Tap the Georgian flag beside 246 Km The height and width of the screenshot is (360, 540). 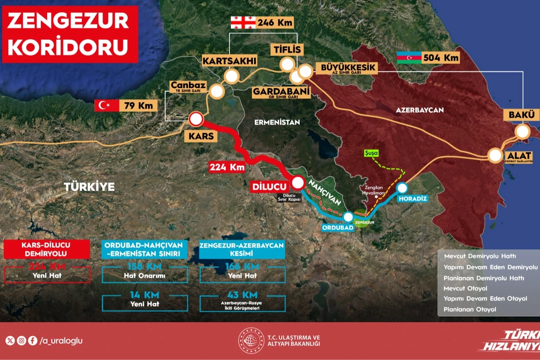pos(243,22)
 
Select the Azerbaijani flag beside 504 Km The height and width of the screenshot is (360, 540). pos(409,58)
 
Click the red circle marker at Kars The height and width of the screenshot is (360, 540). pos(196,119)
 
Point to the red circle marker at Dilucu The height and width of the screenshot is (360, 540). pos(298,183)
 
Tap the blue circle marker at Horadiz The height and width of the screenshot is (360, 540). pos(402,188)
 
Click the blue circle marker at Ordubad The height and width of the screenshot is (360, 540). pos(348,217)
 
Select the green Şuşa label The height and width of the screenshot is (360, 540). pos(371,153)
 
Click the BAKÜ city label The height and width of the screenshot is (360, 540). pos(521,115)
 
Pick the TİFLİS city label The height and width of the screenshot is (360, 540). pos(287,50)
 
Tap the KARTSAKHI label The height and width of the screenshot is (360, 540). pos(229,61)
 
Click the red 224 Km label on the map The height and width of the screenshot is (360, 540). pos(227,167)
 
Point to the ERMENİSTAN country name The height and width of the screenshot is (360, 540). pos(277,122)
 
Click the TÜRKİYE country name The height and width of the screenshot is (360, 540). pos(89,187)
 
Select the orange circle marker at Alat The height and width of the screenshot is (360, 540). pos(495,155)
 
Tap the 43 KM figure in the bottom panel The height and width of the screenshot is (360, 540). pos(242,295)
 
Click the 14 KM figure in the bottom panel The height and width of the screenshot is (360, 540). pos(144,295)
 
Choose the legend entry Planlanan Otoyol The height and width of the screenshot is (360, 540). pos(469,309)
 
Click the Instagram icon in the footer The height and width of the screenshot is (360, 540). pos(21,340)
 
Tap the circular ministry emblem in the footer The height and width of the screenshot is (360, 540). pos(251,340)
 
